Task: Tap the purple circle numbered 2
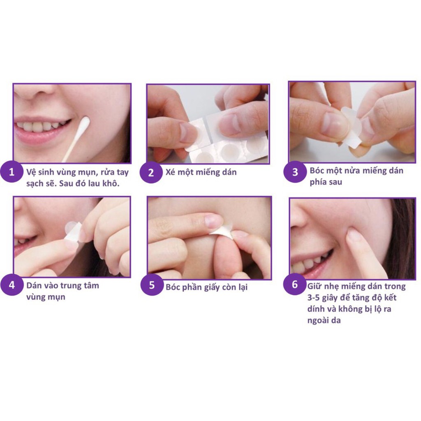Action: pyautogui.click(x=151, y=173)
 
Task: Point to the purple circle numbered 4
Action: pyautogui.click(x=12, y=285)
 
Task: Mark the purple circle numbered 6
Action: pyautogui.click(x=294, y=285)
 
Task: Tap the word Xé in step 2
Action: pyautogui.click(x=171, y=172)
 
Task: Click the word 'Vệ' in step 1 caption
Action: pyautogui.click(x=31, y=171)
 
